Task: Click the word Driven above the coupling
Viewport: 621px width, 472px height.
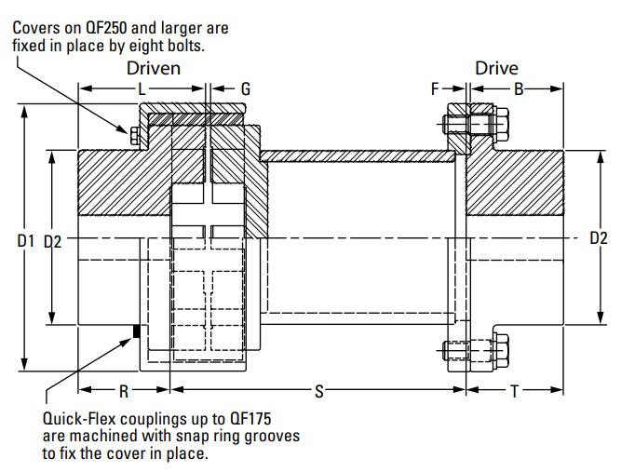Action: click(154, 68)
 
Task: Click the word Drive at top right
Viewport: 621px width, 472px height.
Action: click(496, 68)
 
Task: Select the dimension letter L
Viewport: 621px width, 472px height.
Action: click(142, 89)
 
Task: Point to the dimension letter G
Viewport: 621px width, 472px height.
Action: click(246, 89)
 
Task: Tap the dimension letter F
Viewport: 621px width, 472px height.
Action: click(434, 89)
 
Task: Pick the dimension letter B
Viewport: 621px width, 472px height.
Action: click(519, 89)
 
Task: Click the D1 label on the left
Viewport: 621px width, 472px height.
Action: click(26, 241)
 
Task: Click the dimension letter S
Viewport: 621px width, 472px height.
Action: click(319, 392)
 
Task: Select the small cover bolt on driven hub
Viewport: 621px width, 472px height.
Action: click(135, 138)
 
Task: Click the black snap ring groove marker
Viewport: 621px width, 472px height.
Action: click(137, 330)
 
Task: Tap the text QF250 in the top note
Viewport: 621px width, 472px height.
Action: click(107, 28)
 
